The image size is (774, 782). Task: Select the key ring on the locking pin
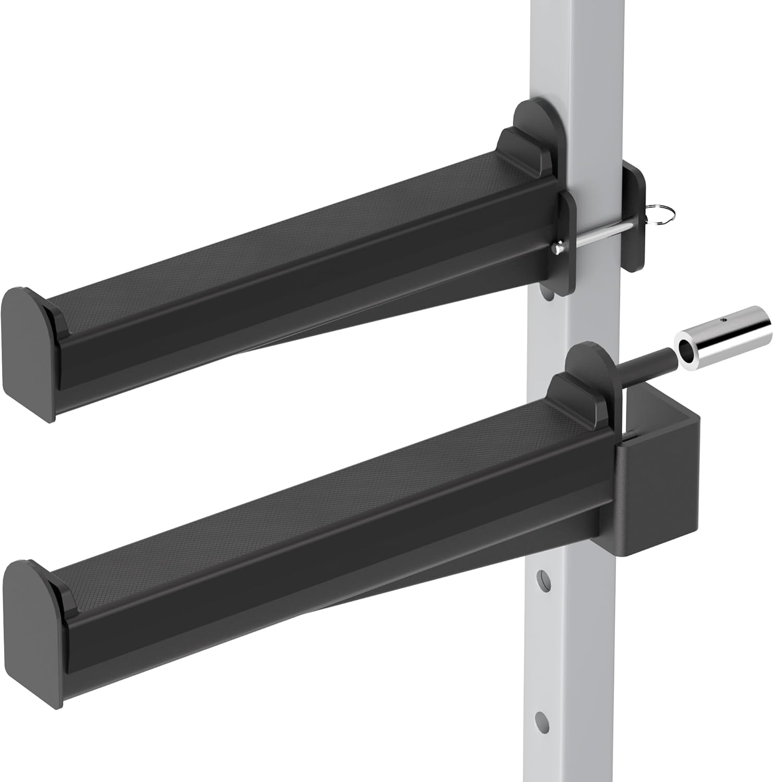tap(661, 214)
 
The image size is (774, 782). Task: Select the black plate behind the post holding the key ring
tap(636, 219)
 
